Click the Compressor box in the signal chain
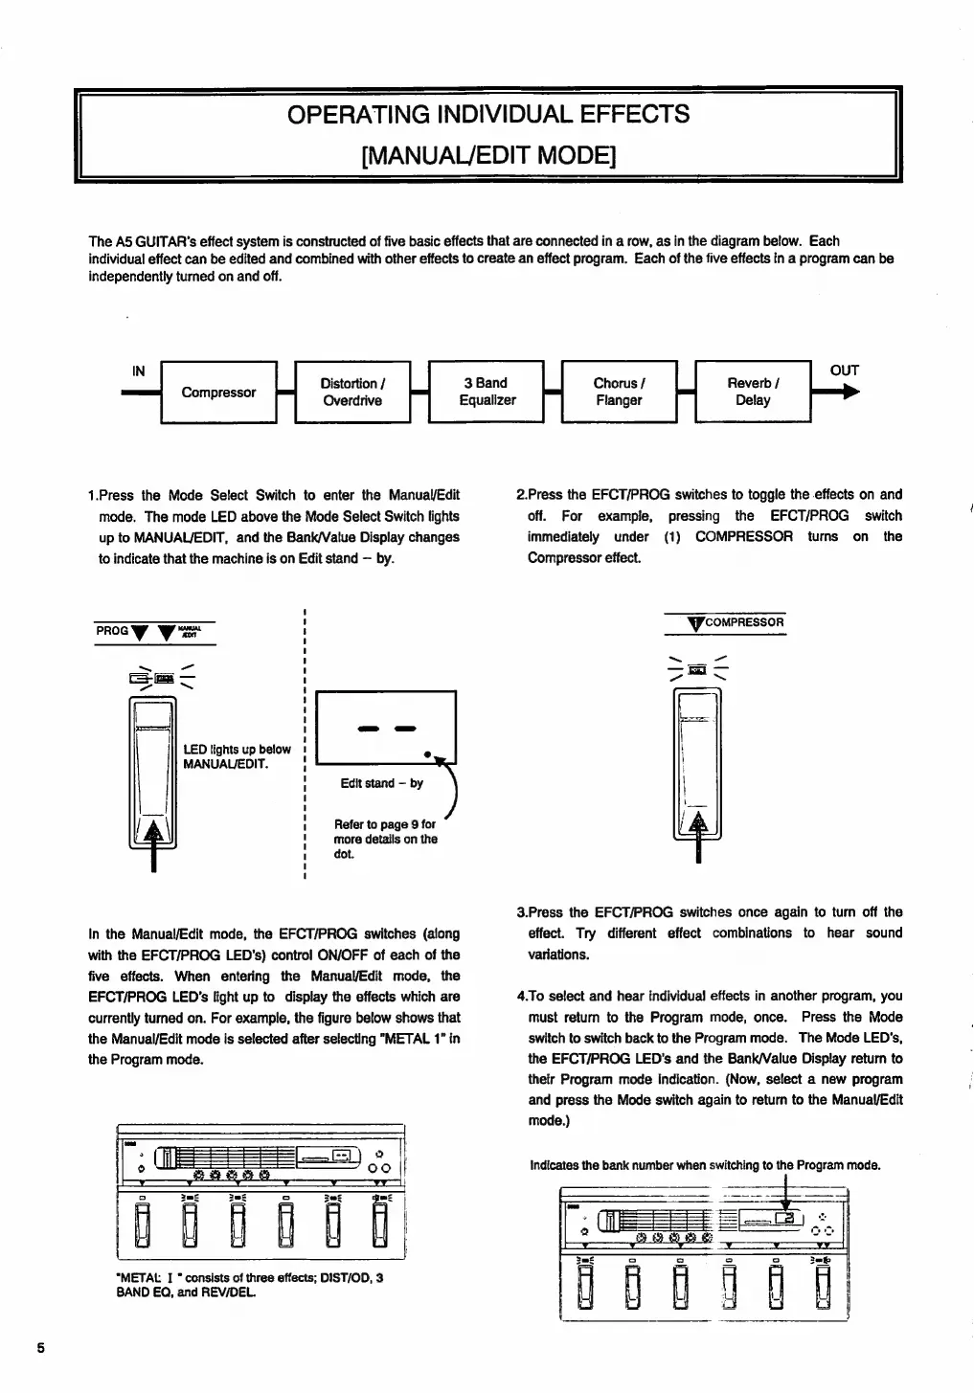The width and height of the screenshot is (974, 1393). (218, 393)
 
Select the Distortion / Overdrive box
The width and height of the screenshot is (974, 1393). (352, 393)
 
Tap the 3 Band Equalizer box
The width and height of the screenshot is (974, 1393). (487, 393)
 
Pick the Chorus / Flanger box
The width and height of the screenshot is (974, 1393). (619, 393)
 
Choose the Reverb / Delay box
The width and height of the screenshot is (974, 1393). (753, 393)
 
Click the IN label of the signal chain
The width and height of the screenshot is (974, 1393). (139, 371)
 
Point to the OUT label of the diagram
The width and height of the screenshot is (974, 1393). (844, 371)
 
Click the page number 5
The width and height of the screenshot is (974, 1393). (40, 1347)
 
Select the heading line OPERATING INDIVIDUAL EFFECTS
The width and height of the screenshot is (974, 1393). (488, 115)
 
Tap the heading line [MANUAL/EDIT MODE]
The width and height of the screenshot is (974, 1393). (488, 154)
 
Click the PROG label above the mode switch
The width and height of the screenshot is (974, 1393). (111, 631)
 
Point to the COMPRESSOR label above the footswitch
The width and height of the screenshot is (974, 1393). (744, 622)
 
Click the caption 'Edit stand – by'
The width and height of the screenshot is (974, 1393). (381, 783)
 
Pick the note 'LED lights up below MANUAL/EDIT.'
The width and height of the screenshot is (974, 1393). (237, 756)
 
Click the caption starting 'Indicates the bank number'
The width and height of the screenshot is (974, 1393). (705, 1165)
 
